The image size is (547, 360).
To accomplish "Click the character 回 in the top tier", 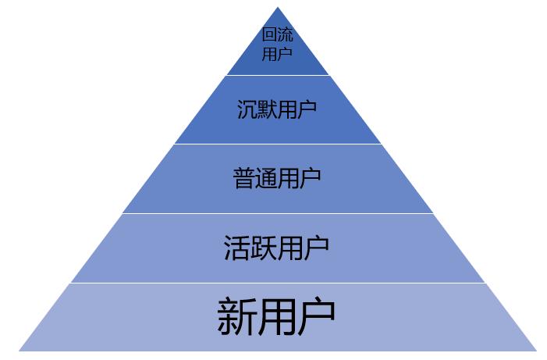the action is pyautogui.click(x=269, y=34).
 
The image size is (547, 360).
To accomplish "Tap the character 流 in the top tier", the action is pyautogui.click(x=285, y=34).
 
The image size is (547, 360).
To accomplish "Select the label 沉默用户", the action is pyautogui.click(x=277, y=109).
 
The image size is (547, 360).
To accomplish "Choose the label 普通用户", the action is pyautogui.click(x=277, y=178).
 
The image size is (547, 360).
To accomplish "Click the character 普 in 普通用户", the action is pyautogui.click(x=243, y=178).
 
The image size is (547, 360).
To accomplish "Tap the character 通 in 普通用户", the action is pyautogui.click(x=266, y=178).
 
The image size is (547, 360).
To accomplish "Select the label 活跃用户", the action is pyautogui.click(x=276, y=248).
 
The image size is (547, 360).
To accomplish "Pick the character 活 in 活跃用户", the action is pyautogui.click(x=237, y=248).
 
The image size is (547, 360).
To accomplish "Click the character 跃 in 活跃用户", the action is pyautogui.click(x=264, y=248).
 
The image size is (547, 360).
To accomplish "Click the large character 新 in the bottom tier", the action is pyautogui.click(x=237, y=316).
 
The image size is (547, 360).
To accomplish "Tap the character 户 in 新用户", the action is pyautogui.click(x=316, y=316).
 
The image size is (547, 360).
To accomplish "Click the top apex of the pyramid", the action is pyautogui.click(x=278, y=6).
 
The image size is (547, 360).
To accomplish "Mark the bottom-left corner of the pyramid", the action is pyautogui.click(x=20, y=351).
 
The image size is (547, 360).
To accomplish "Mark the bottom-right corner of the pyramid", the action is pyautogui.click(x=537, y=351).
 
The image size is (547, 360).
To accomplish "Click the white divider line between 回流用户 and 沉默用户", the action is pyautogui.click(x=278, y=75).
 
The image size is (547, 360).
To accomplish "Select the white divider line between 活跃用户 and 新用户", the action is pyautogui.click(x=278, y=283).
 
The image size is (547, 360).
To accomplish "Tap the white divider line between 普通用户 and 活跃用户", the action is pyautogui.click(x=278, y=213).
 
